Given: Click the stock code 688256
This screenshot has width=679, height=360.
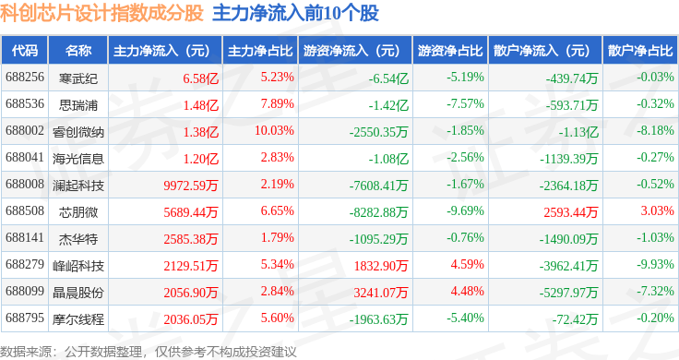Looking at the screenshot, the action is tap(25, 78).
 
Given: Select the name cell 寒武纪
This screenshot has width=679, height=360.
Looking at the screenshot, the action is tap(78, 78).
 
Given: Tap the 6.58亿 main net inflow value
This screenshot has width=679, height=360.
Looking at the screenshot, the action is tap(200, 78).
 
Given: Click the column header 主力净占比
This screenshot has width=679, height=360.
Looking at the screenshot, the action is tap(260, 51).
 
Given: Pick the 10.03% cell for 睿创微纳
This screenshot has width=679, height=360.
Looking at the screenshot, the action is tap(274, 130).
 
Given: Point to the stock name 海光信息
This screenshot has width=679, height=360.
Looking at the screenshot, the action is tap(78, 159).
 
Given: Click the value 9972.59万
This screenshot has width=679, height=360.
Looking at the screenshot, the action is tap(191, 186).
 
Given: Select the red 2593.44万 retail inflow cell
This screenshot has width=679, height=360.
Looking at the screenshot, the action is tap(571, 212).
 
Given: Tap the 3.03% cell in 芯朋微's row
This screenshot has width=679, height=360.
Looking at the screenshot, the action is tap(658, 210).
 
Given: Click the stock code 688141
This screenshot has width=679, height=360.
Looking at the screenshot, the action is tap(25, 237).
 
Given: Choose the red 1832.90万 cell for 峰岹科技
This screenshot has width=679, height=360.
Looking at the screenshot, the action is tap(381, 266).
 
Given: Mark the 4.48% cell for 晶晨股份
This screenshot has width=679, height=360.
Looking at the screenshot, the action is tap(467, 291).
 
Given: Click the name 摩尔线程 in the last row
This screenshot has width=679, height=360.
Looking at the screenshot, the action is tap(78, 319).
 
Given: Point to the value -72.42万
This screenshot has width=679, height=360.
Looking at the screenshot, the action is tap(575, 319).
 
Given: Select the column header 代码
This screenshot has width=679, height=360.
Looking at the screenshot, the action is tap(25, 51).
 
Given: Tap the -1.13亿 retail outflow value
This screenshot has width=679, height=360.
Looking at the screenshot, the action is tap(578, 132).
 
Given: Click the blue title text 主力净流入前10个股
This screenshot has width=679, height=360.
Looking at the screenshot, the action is tap(296, 14).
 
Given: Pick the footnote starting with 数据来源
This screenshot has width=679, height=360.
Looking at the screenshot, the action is tap(149, 352).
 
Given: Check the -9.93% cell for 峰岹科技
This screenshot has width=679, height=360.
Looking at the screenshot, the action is tap(655, 264).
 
